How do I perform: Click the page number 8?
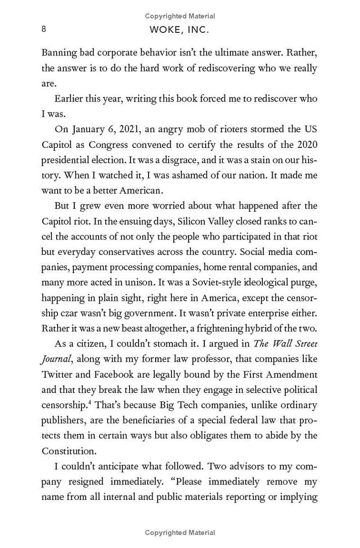tap(44, 29)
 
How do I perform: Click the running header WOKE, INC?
tap(180, 30)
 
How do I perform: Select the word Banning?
tap(58, 53)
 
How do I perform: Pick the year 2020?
tap(307, 145)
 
